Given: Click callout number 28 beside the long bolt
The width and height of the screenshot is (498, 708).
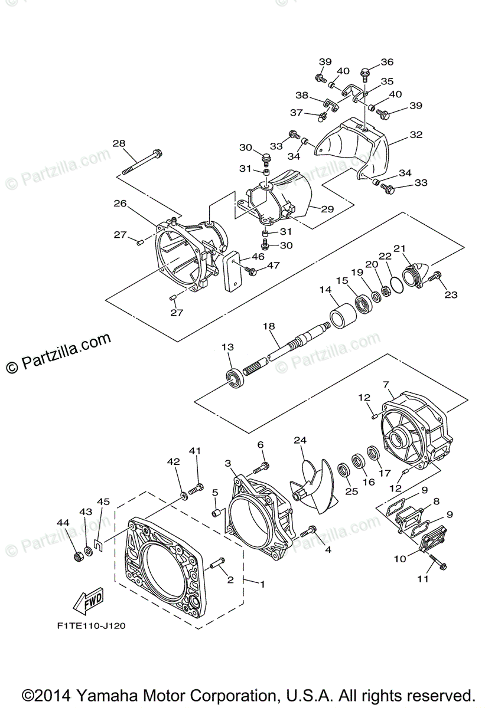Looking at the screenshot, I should click(119, 143).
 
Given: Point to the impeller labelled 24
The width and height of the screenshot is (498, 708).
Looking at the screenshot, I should click(313, 488).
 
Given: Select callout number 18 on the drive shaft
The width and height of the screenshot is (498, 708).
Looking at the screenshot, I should click(269, 326).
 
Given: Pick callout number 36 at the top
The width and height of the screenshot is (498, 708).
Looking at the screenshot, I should click(387, 62).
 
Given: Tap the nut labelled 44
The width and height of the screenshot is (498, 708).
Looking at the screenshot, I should click(77, 556).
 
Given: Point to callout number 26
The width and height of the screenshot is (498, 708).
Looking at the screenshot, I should click(120, 204).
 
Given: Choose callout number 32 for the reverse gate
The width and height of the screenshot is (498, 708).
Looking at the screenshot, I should click(416, 135).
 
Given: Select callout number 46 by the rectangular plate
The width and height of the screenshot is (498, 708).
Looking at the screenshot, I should click(258, 257).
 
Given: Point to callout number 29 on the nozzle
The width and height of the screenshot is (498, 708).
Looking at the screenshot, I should click(328, 208).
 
